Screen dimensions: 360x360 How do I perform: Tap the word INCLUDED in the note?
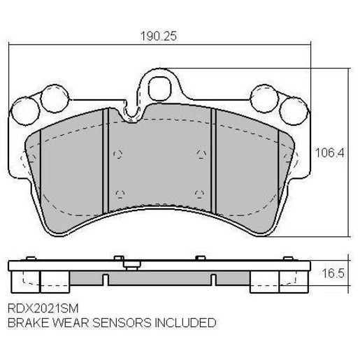(180, 323)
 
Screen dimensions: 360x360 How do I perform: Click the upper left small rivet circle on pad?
(118, 154)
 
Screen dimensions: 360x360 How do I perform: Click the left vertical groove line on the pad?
(103, 161)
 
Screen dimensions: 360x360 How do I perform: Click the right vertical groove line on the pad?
(215, 161)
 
